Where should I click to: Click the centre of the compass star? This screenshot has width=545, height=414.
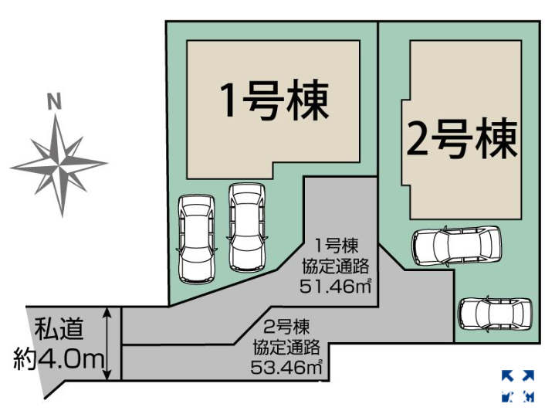tap(59, 164)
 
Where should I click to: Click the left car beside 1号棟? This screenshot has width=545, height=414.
tap(196, 239)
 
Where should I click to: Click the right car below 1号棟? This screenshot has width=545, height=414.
tap(247, 227)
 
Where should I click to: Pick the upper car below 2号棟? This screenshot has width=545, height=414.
tap(455, 246)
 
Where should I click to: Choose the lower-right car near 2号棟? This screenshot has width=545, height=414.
tap(494, 314)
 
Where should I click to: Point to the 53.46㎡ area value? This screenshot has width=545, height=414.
tap(286, 366)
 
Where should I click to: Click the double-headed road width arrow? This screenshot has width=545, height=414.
tap(110, 343)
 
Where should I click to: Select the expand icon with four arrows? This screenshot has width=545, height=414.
tap(517, 386)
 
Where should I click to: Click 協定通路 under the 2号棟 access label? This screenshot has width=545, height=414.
tap(286, 346)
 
